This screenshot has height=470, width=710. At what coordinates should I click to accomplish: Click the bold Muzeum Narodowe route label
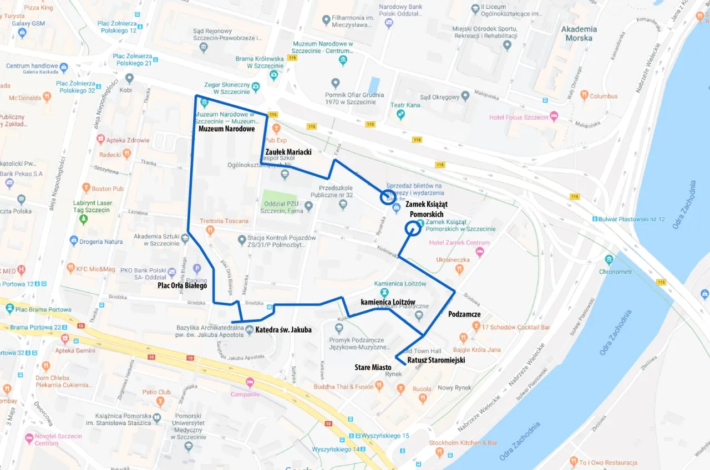tap(226, 129)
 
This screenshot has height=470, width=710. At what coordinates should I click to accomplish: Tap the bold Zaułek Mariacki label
tap(288, 151)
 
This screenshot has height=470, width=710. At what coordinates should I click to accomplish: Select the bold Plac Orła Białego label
tap(182, 286)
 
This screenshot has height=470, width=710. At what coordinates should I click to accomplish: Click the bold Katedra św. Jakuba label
tap(283, 330)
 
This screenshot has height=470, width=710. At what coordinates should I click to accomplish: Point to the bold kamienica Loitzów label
tap(388, 302)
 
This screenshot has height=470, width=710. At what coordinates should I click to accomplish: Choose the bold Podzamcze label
tap(464, 314)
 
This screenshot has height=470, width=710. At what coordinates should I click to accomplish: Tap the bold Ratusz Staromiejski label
tap(436, 360)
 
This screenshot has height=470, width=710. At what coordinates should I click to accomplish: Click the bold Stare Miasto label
tap(373, 367)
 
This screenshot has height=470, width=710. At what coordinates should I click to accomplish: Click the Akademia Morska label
tap(579, 33)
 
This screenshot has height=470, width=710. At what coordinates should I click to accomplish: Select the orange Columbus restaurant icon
tap(584, 96)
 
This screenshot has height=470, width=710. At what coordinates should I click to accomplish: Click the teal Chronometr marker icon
tap(610, 259)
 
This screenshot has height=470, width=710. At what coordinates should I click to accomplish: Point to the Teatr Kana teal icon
tap(400, 114)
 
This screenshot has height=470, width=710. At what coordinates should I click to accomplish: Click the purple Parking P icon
tap(196, 269)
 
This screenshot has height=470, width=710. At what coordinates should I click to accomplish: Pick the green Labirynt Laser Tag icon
tap(83, 219)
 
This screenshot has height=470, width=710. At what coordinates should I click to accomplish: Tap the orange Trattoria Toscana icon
tap(210, 230)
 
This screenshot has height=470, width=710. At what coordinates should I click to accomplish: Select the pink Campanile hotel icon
tap(250, 383)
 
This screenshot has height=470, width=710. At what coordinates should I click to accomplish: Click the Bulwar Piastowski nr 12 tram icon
tap(595, 219)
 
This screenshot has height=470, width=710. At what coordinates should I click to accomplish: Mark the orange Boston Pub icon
tap(86, 188)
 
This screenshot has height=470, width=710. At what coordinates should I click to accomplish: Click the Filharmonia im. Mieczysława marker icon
tap(326, 21)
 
